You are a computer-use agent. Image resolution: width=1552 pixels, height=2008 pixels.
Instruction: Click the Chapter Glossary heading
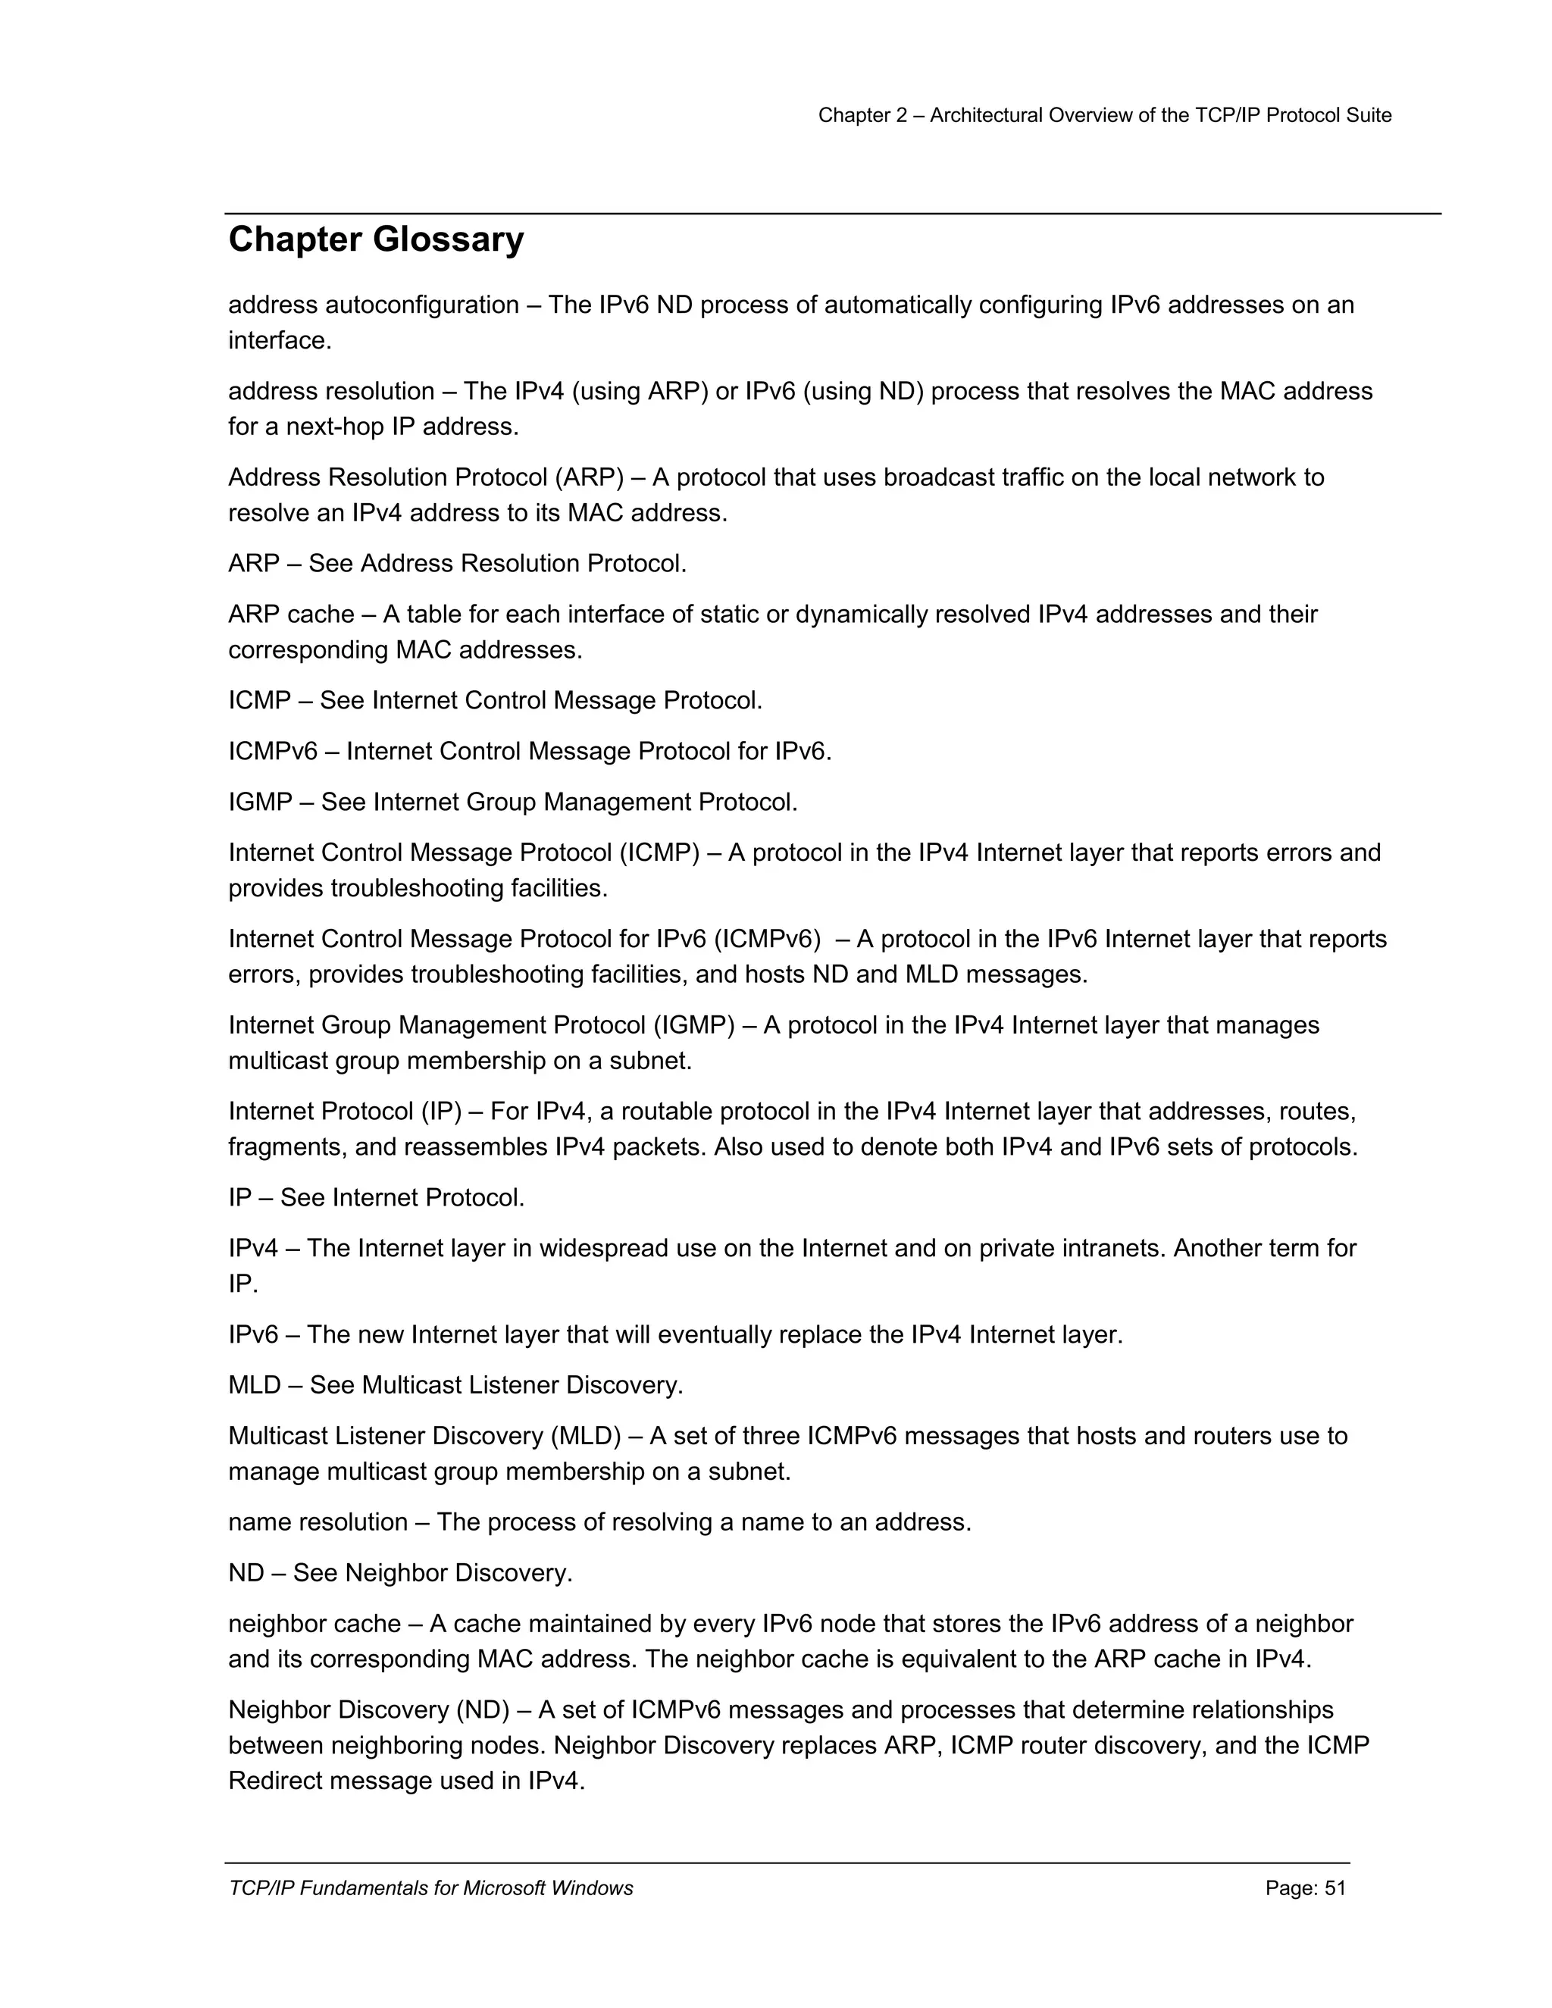(376, 240)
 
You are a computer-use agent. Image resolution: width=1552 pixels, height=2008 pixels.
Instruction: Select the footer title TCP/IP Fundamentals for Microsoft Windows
(430, 1888)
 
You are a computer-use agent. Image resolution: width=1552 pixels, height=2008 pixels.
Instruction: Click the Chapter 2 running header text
(1104, 115)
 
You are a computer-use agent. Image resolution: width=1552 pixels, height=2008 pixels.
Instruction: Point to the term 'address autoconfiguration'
(374, 305)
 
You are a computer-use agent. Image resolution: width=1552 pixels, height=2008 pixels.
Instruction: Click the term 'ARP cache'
(290, 615)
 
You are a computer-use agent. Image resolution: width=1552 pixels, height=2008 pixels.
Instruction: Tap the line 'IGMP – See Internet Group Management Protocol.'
(512, 802)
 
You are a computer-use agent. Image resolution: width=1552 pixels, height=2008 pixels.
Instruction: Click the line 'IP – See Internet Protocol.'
(376, 1197)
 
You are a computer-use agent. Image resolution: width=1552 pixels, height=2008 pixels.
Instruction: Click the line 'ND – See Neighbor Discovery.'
(400, 1572)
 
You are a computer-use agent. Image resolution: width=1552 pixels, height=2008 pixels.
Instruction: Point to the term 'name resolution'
(318, 1522)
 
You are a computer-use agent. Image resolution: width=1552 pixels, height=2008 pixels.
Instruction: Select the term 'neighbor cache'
(314, 1624)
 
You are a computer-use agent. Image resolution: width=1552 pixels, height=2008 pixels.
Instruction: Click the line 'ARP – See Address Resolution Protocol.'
(457, 564)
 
